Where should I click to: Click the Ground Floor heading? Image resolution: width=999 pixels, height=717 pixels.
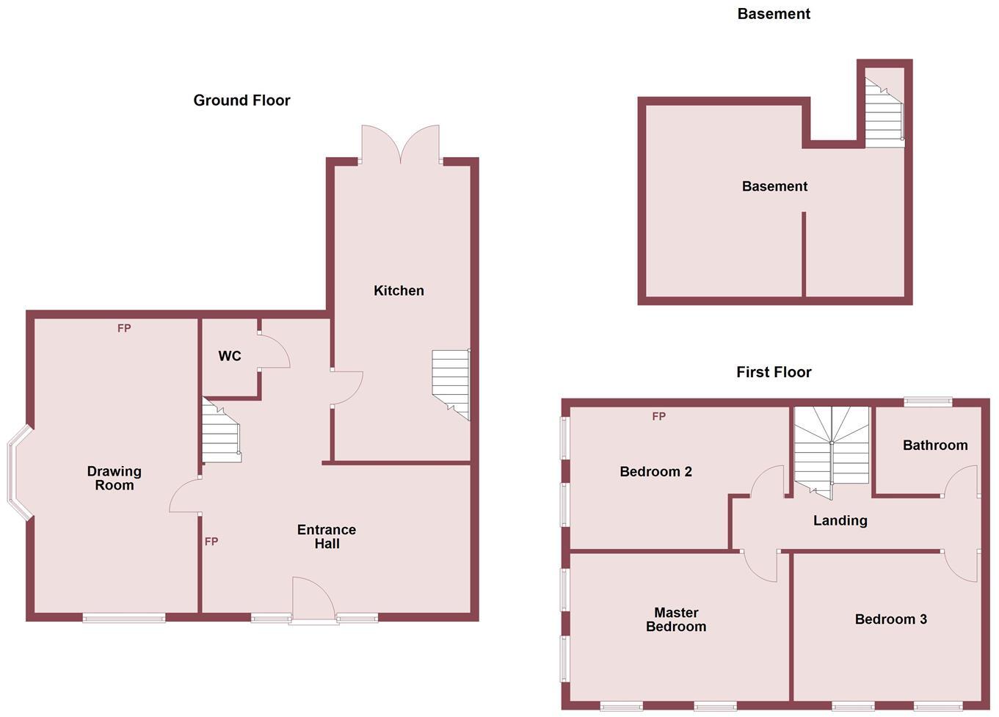pyautogui.click(x=241, y=101)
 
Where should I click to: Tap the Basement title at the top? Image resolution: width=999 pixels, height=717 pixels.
pyautogui.click(x=774, y=14)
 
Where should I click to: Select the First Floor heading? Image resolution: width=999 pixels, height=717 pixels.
pyautogui.click(x=774, y=372)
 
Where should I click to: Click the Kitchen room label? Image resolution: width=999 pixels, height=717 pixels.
pyautogui.click(x=399, y=291)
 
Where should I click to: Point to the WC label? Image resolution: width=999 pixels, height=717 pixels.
pyautogui.click(x=230, y=356)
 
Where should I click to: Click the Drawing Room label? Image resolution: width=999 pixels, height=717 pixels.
pyautogui.click(x=115, y=478)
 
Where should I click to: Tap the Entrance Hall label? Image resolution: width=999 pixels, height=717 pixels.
pyautogui.click(x=327, y=536)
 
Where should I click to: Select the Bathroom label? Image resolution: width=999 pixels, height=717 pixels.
pyautogui.click(x=934, y=445)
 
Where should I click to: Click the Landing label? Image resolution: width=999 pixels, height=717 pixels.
pyautogui.click(x=840, y=520)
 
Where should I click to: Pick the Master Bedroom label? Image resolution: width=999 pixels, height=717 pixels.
pyautogui.click(x=676, y=619)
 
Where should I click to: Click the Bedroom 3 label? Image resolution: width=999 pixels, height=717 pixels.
pyautogui.click(x=890, y=619)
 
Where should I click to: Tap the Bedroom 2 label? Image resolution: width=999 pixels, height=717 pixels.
pyautogui.click(x=655, y=472)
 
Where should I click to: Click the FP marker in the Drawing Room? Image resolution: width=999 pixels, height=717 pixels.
pyautogui.click(x=124, y=328)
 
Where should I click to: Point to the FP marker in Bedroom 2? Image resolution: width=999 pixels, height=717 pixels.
pyautogui.click(x=658, y=416)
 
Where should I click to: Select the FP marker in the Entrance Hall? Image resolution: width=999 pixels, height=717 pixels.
pyautogui.click(x=211, y=542)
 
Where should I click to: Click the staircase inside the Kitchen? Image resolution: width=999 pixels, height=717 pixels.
pyautogui.click(x=450, y=381)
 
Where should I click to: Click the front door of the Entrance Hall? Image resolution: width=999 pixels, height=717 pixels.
pyautogui.click(x=314, y=600)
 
